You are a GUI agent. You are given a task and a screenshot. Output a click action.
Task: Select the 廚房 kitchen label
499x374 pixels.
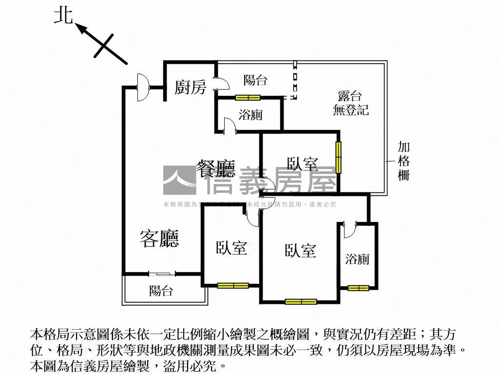coord(190,87)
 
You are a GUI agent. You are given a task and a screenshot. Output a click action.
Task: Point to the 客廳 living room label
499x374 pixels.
coord(159,238)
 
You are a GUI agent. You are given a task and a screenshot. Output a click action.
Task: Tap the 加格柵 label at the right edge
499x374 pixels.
coord(403,161)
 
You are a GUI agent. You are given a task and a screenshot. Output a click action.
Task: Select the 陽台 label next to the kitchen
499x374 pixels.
coord(255,80)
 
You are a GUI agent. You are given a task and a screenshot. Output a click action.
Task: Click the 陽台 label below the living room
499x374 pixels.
coord(161,291)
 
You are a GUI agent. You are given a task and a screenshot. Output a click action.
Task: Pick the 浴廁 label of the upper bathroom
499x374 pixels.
coord(250,115)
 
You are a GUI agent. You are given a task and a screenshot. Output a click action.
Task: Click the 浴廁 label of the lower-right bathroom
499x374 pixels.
coord(357,259)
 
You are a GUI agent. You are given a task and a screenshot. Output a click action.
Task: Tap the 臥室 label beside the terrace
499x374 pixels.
coord(302,164)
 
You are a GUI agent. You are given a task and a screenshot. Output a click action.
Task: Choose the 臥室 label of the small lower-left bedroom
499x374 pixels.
coord(231,248)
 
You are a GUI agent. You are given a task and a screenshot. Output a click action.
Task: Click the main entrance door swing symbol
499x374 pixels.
coord(143,87)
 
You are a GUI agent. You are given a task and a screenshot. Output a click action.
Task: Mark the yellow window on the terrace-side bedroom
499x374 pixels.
coord(338,156)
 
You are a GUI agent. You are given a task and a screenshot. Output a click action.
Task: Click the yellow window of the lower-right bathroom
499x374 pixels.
coord(358,288)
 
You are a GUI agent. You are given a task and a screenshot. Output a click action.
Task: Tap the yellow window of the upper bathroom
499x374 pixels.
coord(248,97)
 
